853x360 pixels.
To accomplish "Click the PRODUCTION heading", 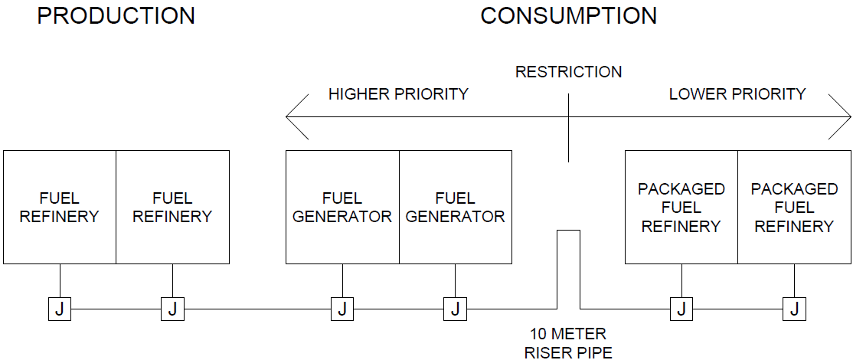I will (x=116, y=15).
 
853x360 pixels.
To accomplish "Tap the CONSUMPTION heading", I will (x=568, y=15).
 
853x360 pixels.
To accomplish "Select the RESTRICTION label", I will (x=568, y=72).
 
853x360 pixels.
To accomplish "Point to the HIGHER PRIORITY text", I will (x=398, y=94).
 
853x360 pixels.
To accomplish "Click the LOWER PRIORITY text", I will (x=737, y=94).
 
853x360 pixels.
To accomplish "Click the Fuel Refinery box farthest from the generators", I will (x=60, y=207).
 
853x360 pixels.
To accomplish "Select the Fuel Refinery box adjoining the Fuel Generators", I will (x=172, y=207).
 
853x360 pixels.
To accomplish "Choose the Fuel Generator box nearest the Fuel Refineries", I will (x=342, y=207).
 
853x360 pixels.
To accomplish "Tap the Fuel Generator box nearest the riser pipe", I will (x=455, y=207).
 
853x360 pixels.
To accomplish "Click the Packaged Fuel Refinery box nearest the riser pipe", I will (x=681, y=207).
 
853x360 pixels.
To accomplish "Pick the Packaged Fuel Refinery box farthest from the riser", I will (x=793, y=207).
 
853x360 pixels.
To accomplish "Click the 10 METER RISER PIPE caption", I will (x=568, y=343).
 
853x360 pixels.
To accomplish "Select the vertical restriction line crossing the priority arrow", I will (x=568, y=126).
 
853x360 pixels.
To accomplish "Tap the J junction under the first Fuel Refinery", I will (x=60, y=309).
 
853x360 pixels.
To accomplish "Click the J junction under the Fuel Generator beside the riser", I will (x=455, y=309).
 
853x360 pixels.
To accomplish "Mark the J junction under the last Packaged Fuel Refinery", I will (x=793, y=309).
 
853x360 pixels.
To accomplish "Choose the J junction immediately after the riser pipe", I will (x=681, y=309).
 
